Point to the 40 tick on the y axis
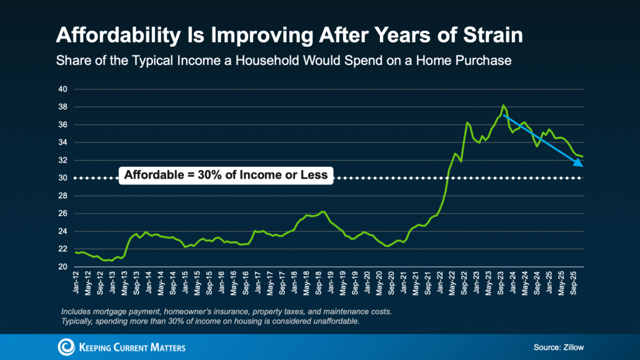[x=63, y=89]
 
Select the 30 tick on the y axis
[x=63, y=178]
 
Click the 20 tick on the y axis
[x=63, y=267]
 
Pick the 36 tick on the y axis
[x=63, y=125]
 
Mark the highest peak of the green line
[x=504, y=105]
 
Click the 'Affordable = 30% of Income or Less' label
[x=226, y=175]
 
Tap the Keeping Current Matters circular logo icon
[x=65, y=347]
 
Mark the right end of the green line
[x=583, y=156]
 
